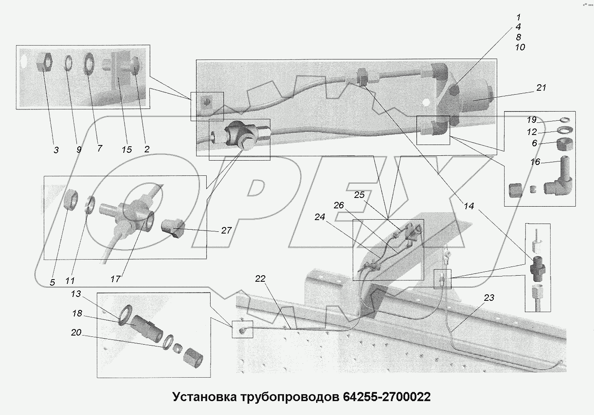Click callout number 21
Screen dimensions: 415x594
(541, 88)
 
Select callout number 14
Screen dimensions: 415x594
(469, 206)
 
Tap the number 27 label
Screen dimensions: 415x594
(226, 231)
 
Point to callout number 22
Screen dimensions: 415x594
(260, 278)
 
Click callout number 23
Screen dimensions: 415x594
(489, 298)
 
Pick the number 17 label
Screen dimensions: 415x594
(115, 279)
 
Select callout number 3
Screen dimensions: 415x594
(56, 150)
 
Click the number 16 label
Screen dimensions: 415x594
(535, 162)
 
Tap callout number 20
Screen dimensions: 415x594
(76, 333)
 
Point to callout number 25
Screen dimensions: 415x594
(359, 195)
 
